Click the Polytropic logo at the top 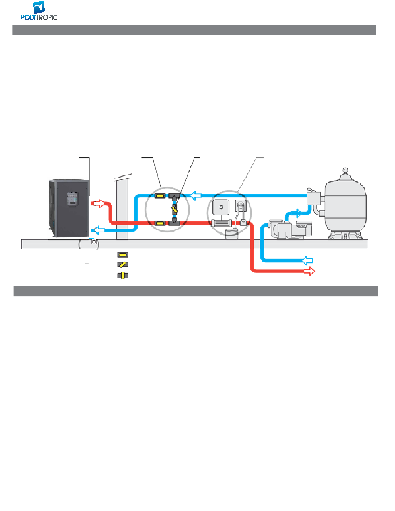[x=39, y=11]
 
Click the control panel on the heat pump [x=73, y=199]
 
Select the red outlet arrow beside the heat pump [x=97, y=203]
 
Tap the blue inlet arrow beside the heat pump [x=98, y=230]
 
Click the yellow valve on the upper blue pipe [x=160, y=195]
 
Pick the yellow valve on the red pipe [x=160, y=223]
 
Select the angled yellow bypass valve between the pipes [x=174, y=209]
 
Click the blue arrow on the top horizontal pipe [x=195, y=195]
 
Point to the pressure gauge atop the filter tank [x=345, y=170]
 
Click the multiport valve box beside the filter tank [x=314, y=198]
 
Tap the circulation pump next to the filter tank [x=290, y=229]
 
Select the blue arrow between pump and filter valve [x=298, y=213]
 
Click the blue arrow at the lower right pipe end [x=308, y=260]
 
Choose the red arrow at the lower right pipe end [x=309, y=271]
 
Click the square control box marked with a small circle [x=221, y=207]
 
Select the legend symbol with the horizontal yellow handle [x=123, y=255]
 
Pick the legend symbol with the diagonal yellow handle [x=123, y=264]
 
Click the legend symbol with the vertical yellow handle [x=123, y=275]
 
